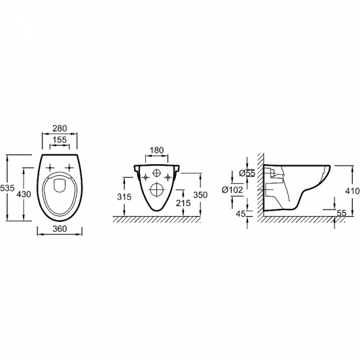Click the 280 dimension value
pyautogui.click(x=60, y=128)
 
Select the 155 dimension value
pyautogui.click(x=60, y=139)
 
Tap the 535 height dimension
pyautogui.click(x=7, y=188)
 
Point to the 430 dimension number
pyautogui.click(x=24, y=194)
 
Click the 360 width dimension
pyautogui.click(x=60, y=228)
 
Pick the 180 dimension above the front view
pyautogui.click(x=157, y=150)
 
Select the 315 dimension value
pyautogui.click(x=124, y=197)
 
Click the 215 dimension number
pyautogui.click(x=183, y=203)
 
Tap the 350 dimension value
pyautogui.click(x=200, y=195)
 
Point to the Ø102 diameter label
pyautogui.click(x=232, y=190)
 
